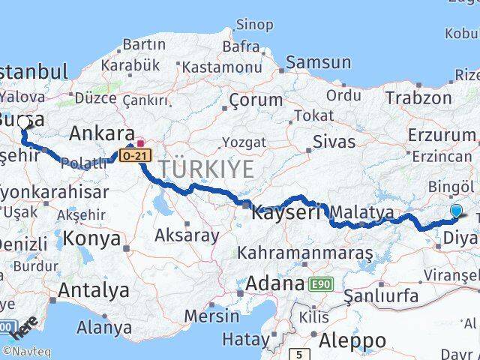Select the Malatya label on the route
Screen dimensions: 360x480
point(361,213)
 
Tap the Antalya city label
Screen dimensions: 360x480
point(94,290)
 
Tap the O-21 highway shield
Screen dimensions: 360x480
point(129,154)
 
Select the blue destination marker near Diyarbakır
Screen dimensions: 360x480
point(457,211)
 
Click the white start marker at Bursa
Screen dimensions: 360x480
point(23,122)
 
